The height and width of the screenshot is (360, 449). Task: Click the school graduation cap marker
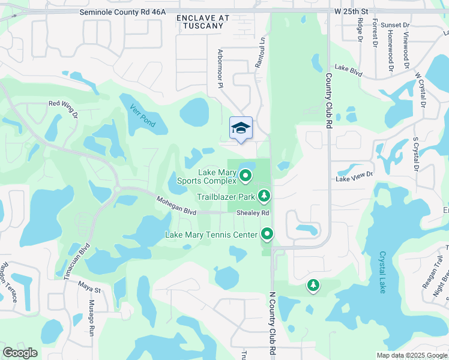point(241,128)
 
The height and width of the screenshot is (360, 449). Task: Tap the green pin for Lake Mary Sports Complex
point(246,176)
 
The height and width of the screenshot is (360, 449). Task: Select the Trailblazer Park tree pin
point(264,196)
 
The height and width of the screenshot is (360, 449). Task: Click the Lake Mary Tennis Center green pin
point(268,235)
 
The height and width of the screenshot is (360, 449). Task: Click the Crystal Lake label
point(382,274)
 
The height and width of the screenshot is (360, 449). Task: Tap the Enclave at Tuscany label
point(203,22)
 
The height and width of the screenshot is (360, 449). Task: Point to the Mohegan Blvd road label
point(176,205)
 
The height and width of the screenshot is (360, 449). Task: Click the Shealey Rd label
point(252,212)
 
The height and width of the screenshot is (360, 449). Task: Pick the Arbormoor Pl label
point(220,69)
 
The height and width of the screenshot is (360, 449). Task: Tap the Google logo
point(20,353)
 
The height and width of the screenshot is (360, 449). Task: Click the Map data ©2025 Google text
point(411,355)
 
